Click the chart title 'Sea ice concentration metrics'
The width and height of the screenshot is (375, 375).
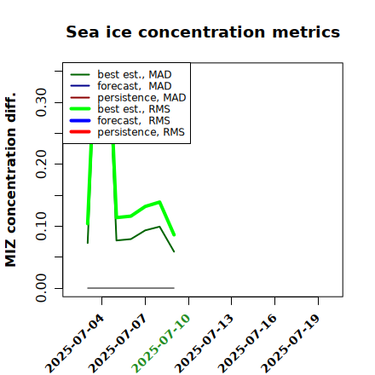[203, 32]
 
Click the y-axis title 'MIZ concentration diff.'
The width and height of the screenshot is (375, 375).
[10, 180]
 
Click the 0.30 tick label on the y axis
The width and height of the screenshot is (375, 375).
[41, 102]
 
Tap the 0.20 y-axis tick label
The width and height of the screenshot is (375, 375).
[41, 164]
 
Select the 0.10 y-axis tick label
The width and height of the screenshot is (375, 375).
[41, 226]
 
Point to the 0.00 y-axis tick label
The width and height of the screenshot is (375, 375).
[41, 288]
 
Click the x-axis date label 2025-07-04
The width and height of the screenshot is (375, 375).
[75, 343]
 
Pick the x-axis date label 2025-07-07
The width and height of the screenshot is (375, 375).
[118, 343]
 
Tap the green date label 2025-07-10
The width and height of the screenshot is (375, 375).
[161, 343]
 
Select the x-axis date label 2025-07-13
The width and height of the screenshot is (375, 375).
[205, 343]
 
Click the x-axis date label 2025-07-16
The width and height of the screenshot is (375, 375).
[248, 343]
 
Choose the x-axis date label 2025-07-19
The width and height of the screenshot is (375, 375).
[291, 343]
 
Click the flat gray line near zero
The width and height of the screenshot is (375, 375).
[130, 288]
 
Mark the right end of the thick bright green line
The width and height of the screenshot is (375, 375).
[174, 235]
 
